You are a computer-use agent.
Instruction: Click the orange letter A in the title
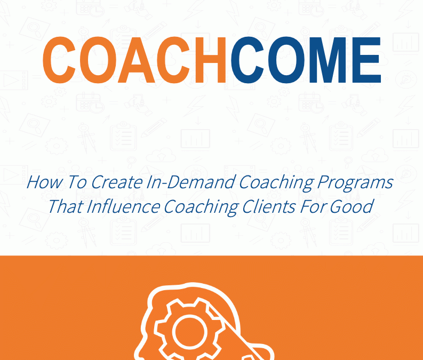137,60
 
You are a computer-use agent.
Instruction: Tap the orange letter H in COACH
210,60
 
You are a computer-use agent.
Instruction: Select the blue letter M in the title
327,60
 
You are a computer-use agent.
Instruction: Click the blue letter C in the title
248,60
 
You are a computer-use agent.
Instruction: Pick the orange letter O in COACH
98,60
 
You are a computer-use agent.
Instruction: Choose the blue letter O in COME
286,60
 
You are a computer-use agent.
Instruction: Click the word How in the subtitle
44,182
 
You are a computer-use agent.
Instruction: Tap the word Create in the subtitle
117,182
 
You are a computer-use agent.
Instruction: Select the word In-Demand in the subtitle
191,182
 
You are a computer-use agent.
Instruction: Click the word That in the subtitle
66,206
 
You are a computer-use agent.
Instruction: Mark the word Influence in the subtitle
123,206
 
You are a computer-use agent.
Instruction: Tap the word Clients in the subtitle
269,206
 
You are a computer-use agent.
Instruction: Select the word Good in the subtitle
352,207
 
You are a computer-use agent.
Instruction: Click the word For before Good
313,206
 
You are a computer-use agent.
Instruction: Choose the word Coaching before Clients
201,207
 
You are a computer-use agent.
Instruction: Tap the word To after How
77,182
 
